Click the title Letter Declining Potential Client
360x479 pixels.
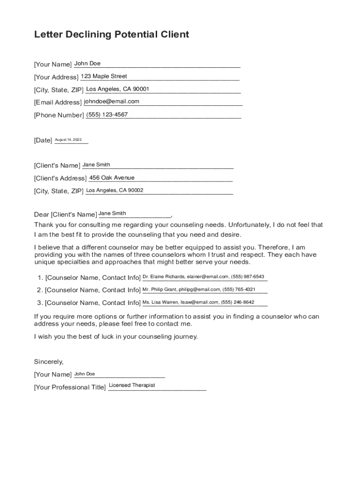pos(111,35)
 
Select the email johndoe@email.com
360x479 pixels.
pos(112,102)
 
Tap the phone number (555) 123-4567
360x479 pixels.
pos(107,115)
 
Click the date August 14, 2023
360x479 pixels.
pos(68,140)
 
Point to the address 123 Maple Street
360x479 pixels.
pos(104,76)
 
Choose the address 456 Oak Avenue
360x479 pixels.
pos(112,178)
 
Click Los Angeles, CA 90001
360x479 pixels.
pos(118,89)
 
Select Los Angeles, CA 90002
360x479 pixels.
pos(115,190)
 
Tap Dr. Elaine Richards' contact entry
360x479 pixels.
pos(203,277)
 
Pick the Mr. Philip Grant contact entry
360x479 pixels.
pos(199,290)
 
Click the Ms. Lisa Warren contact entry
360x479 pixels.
pos(198,302)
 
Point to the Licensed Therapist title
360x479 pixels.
pos(132,385)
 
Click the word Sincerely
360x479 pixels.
pos(49,362)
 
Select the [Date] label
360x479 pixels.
pos(43,140)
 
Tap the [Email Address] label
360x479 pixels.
pos(58,102)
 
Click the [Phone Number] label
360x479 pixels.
pos(59,115)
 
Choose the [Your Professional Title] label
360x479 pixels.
pos(70,387)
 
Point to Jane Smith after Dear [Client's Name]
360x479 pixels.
pos(112,213)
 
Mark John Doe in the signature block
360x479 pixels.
pos(85,374)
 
